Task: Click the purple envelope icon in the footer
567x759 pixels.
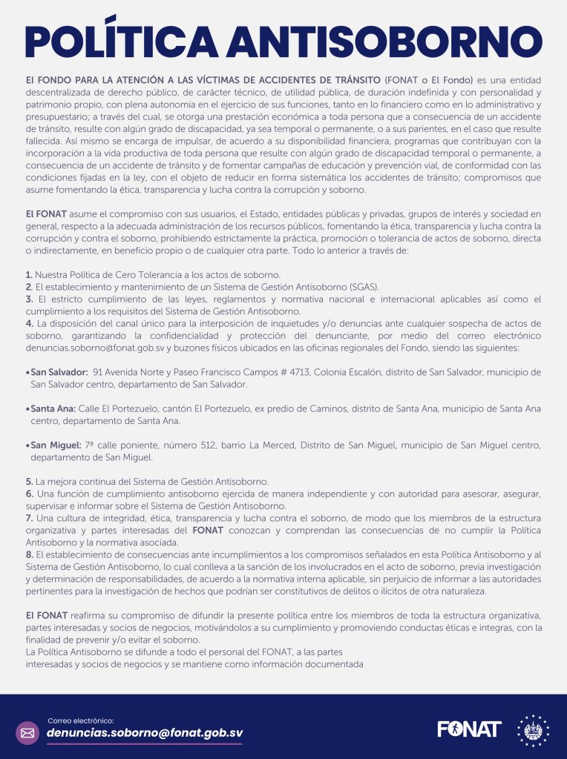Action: pyautogui.click(x=27, y=733)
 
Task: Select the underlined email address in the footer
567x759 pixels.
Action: pyautogui.click(x=145, y=733)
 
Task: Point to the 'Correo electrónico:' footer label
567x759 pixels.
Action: pyautogui.click(x=81, y=720)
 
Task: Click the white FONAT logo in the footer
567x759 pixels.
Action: pyautogui.click(x=469, y=729)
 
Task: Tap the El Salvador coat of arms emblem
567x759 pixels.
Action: pyautogui.click(x=533, y=731)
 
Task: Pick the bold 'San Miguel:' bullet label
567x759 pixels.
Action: pyautogui.click(x=56, y=445)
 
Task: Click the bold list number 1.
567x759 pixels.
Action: pyautogui.click(x=29, y=274)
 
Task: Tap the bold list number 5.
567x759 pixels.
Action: pyautogui.click(x=29, y=481)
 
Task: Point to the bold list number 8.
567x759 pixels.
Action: pyautogui.click(x=29, y=554)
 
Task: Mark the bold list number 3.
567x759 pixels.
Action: pyautogui.click(x=29, y=299)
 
